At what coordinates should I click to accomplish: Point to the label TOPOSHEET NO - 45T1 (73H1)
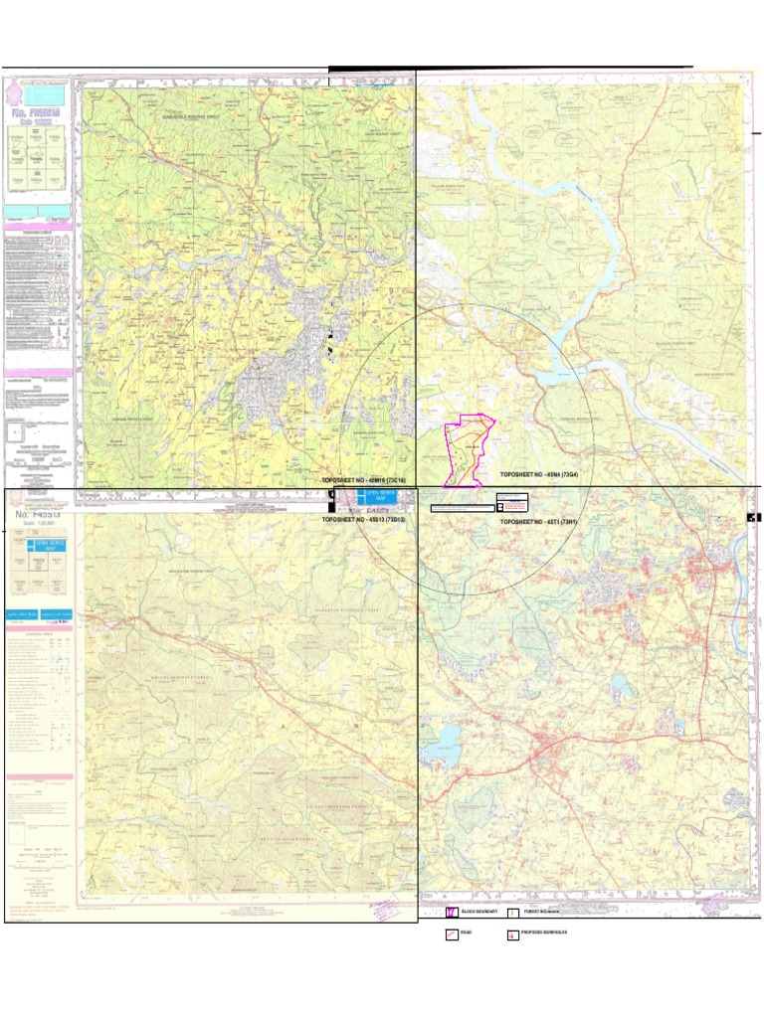click(x=538, y=521)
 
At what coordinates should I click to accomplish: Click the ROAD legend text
click(x=467, y=934)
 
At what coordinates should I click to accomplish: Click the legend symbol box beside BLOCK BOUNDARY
click(x=452, y=912)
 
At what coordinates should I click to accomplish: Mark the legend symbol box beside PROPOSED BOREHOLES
click(x=513, y=934)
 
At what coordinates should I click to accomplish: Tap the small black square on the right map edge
click(x=753, y=517)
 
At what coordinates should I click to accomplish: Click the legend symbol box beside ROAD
click(x=452, y=934)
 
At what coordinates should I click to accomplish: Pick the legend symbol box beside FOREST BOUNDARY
click(x=513, y=912)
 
